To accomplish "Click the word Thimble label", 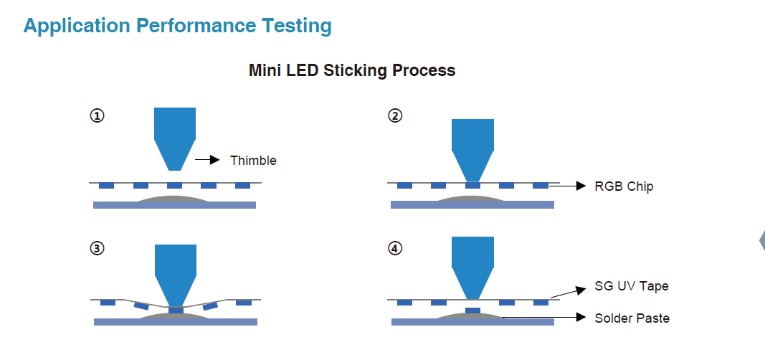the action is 253,161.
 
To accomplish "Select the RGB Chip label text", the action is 624,186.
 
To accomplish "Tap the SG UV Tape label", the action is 632,286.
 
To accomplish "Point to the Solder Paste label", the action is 632,318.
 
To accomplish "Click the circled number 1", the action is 97,115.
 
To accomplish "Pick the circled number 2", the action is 395,115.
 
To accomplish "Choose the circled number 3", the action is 97,248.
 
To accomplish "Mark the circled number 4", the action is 395,248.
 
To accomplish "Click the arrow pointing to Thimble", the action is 207,159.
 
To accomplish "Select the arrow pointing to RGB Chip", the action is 567,185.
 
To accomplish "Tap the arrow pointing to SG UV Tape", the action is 568,293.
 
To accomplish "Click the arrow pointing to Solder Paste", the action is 543,317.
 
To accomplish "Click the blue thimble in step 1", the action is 175,139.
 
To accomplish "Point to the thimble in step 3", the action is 175,275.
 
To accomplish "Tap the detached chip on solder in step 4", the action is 472,311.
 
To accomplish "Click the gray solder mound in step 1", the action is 175,199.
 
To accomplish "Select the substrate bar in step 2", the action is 472,205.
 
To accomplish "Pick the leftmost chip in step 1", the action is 106,185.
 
